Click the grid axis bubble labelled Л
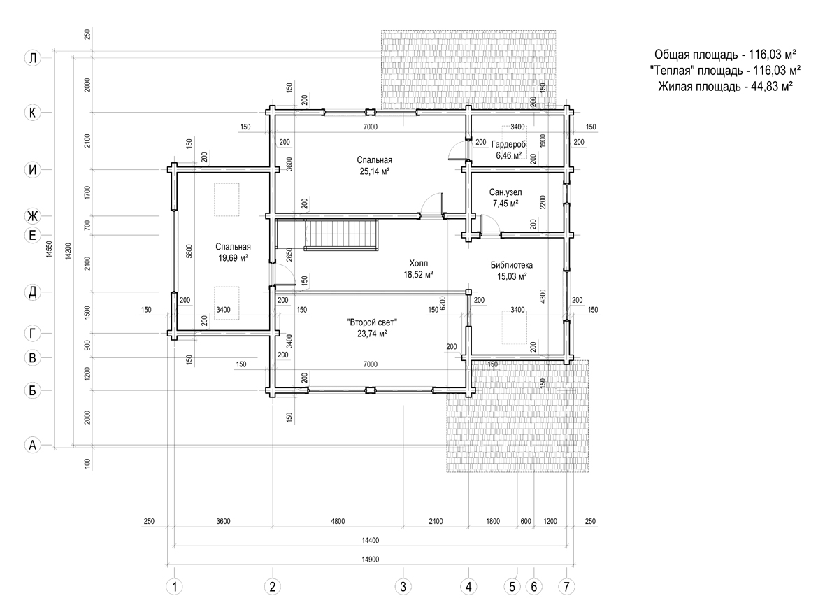pyautogui.click(x=33, y=58)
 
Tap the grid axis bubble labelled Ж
pyautogui.click(x=33, y=216)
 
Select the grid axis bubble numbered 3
pyautogui.click(x=403, y=587)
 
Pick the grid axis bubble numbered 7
pyautogui.click(x=567, y=587)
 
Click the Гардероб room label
pyautogui.click(x=509, y=144)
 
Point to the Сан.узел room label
pyautogui.click(x=505, y=192)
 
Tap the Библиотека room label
pyautogui.click(x=512, y=265)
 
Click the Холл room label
pyautogui.click(x=418, y=263)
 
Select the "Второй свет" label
pyautogui.click(x=372, y=322)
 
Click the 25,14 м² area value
pyautogui.click(x=374, y=171)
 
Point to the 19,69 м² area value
pyautogui.click(x=233, y=258)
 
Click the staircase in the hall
pyautogui.click(x=341, y=235)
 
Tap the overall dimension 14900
pyautogui.click(x=371, y=560)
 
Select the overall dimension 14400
pyautogui.click(x=371, y=540)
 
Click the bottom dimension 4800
pyautogui.click(x=338, y=521)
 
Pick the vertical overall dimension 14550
pyautogui.click(x=49, y=249)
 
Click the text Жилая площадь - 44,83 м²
pyautogui.click(x=726, y=87)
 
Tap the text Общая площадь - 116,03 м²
pyautogui.click(x=726, y=55)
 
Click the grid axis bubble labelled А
pyautogui.click(x=33, y=445)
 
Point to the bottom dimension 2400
pyautogui.click(x=436, y=521)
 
